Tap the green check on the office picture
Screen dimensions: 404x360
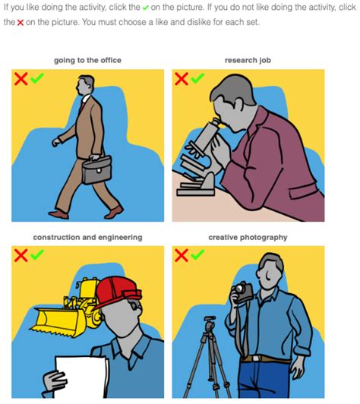(x=36, y=78)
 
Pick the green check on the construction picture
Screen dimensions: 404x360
(x=36, y=255)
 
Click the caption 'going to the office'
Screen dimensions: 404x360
(x=87, y=60)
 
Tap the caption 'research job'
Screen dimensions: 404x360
(x=248, y=60)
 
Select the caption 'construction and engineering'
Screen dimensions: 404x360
(x=87, y=238)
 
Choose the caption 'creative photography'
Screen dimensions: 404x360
(x=248, y=238)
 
